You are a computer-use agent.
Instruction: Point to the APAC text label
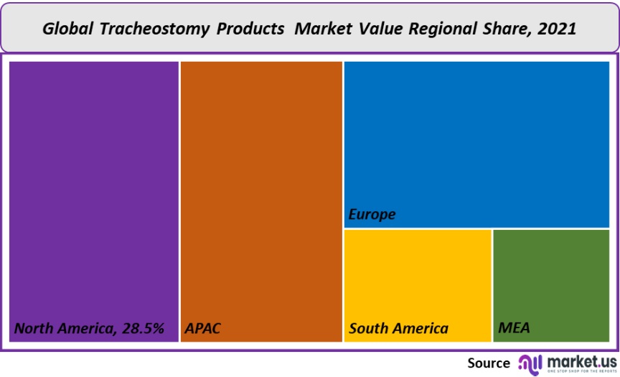tap(203, 329)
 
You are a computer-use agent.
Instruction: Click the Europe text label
tap(372, 215)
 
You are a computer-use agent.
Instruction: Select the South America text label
tap(398, 329)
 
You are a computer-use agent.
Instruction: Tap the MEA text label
tap(514, 329)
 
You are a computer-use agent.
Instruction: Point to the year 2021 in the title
tap(558, 29)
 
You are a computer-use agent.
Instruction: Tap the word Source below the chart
tap(489, 363)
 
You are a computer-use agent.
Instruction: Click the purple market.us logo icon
tap(530, 363)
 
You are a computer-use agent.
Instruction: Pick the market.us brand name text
tap(581, 360)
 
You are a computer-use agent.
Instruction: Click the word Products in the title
tap(251, 29)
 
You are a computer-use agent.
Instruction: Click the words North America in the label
tap(62, 329)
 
